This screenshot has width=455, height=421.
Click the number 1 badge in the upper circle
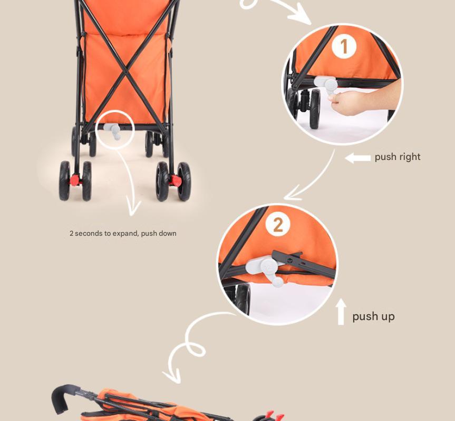click(344, 46)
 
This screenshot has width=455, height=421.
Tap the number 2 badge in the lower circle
click(278, 224)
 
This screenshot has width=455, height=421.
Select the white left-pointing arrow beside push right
click(357, 158)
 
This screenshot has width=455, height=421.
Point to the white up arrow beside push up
click(341, 312)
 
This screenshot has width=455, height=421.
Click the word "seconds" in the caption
click(86, 233)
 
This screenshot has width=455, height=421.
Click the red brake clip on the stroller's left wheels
click(74, 180)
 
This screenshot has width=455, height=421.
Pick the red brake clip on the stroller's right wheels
click(176, 181)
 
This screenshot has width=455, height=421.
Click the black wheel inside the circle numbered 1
click(315, 108)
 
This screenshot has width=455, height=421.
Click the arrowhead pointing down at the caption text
click(133, 209)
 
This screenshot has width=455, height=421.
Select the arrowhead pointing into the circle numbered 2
click(292, 194)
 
